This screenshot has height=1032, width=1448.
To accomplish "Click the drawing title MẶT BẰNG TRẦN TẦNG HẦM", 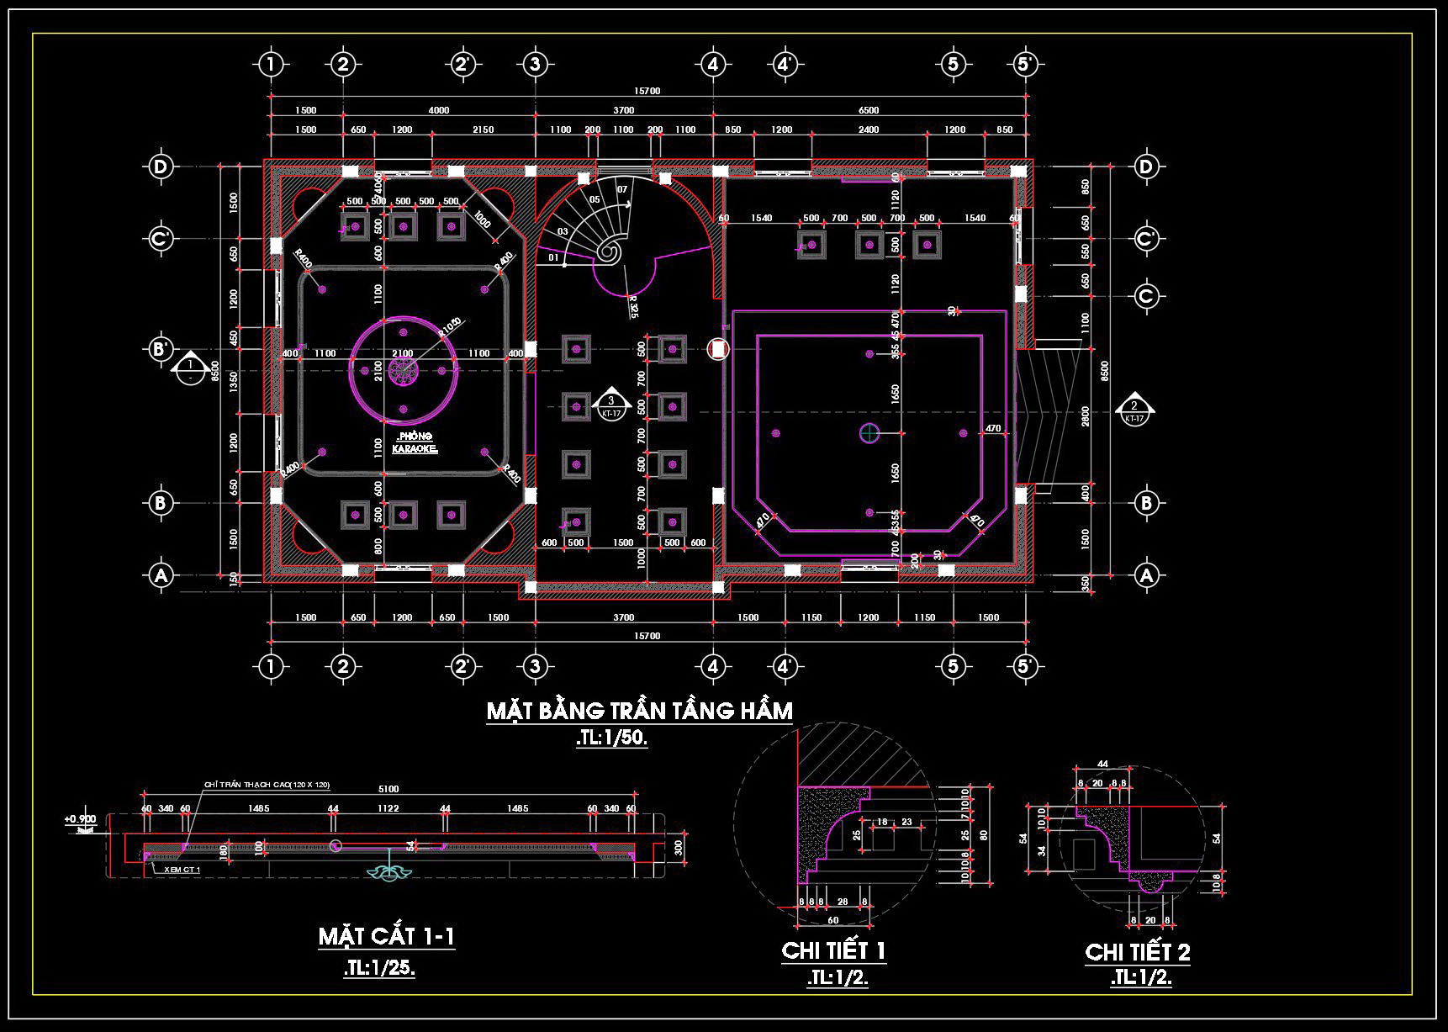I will (639, 712).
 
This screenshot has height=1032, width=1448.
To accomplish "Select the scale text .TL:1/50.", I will (611, 739).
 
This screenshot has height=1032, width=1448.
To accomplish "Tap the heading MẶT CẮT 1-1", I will (386, 937).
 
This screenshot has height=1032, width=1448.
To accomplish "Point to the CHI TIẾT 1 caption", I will (833, 951).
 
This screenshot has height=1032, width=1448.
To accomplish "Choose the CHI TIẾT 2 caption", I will (1137, 952).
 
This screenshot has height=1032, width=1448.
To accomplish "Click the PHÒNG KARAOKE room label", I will (415, 443).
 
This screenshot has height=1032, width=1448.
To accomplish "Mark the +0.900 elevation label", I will (81, 818).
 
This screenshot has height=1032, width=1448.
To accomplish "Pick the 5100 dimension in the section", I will (388, 789).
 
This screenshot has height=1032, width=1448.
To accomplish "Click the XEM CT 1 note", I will (182, 870).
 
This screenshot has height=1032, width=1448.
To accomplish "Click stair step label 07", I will (622, 190).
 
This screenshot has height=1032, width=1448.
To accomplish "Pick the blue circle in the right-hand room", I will (869, 433).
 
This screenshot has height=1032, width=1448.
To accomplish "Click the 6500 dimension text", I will (869, 110).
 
